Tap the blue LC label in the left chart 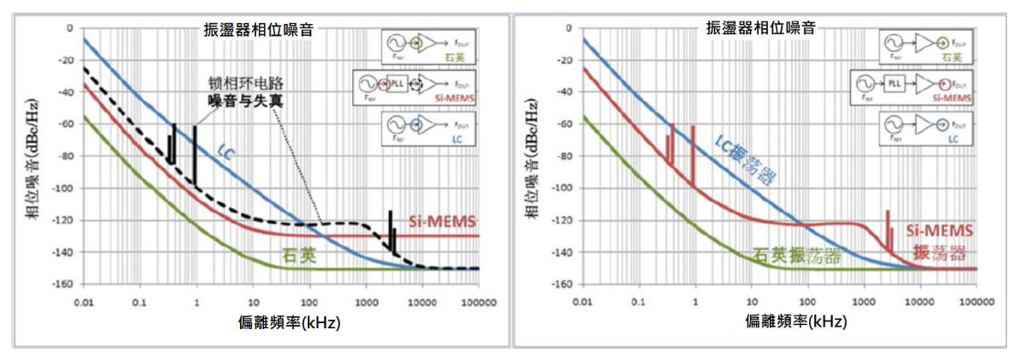(225, 151)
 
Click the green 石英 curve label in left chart (299, 255)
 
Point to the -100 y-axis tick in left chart (63, 189)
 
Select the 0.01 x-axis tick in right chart (584, 303)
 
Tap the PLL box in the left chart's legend (397, 85)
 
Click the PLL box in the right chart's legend (895, 84)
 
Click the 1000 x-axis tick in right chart (863, 303)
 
